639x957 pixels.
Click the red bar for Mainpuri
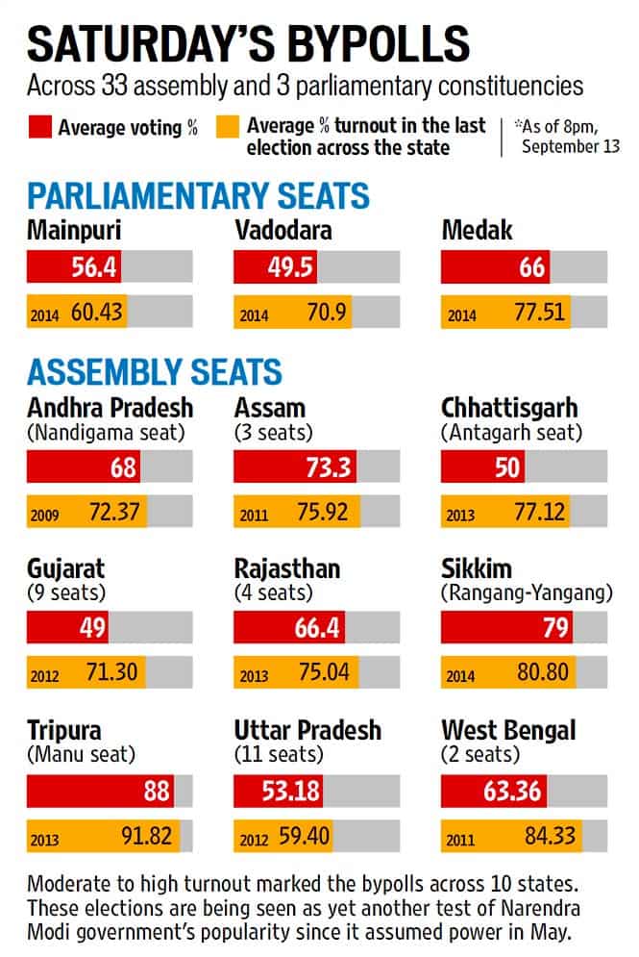75,266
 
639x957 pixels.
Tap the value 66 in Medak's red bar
531,266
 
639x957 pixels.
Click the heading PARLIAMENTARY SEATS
198,196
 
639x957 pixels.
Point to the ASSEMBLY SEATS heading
155,371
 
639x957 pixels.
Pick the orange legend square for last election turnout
229,127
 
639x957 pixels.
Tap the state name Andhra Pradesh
110,407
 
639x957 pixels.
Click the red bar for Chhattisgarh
483,468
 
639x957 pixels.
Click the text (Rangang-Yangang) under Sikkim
527,592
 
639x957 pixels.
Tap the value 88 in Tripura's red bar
156,792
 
